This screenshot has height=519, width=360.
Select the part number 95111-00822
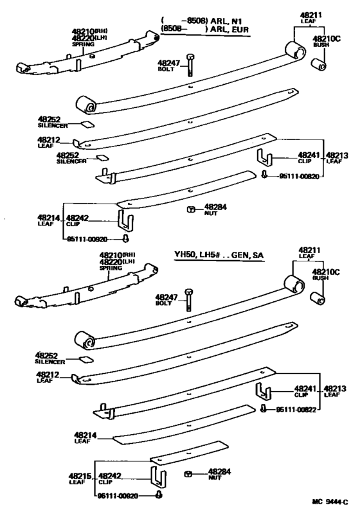(x=300, y=410)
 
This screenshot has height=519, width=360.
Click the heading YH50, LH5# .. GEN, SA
(x=220, y=255)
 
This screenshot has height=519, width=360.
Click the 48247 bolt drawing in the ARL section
(x=190, y=65)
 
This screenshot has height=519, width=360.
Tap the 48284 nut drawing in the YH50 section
(x=187, y=473)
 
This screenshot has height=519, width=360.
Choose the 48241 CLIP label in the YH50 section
(x=305, y=391)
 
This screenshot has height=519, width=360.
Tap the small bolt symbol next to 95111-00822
(x=265, y=410)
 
